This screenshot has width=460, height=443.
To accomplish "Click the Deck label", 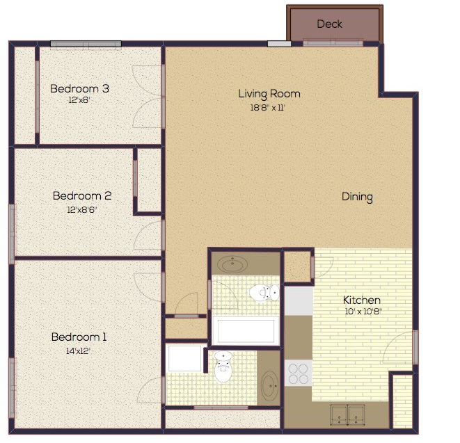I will pos(329,24).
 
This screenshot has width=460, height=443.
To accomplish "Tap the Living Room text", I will pos(269,94).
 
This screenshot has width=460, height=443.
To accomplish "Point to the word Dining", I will pos(357,197).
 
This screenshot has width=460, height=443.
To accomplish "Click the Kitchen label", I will pos(361,300).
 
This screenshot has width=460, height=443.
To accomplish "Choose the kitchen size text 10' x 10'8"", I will pos(362,312).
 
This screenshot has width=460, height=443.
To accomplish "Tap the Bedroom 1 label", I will pos(79,337).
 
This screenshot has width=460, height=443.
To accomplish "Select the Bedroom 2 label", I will pos(81,196).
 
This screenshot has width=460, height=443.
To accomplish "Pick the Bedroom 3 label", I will pos(79,88).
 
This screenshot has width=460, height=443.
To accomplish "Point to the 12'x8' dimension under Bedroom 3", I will pos(79,100).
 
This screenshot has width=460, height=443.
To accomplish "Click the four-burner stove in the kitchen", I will pos(299,373).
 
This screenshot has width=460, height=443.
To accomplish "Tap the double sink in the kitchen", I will pos(347,414).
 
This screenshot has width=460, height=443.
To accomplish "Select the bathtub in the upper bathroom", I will pos(244,330).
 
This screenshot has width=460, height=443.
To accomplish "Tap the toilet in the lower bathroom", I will pos(223,369).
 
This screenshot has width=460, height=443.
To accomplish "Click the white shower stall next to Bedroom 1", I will pos(184,360).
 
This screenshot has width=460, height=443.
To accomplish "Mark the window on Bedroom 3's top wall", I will pos(85,45).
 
